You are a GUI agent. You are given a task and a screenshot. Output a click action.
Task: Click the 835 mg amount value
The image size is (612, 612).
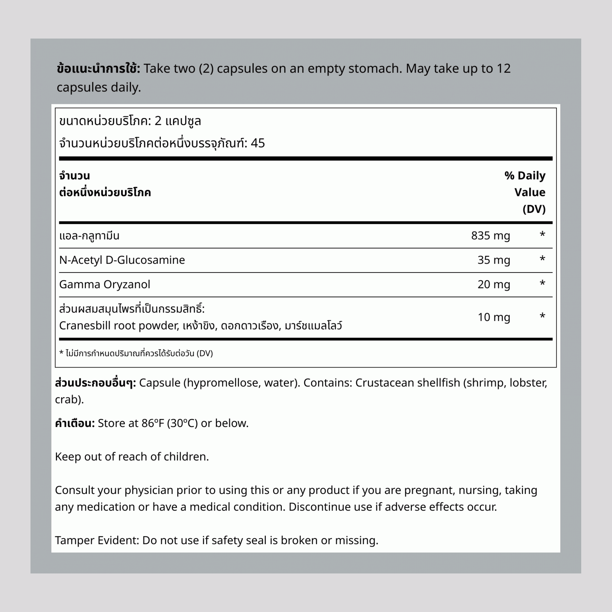tap(490, 236)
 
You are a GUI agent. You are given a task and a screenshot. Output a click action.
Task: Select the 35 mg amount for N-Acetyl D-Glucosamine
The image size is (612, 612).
tap(494, 260)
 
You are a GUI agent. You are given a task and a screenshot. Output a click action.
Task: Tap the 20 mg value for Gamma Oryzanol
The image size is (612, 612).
tap(494, 284)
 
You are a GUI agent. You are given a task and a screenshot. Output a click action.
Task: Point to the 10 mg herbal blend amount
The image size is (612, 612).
tap(494, 317)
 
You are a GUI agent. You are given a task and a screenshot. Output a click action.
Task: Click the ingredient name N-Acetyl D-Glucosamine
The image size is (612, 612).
tap(122, 260)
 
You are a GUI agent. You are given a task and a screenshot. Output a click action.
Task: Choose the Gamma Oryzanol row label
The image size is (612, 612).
tap(105, 284)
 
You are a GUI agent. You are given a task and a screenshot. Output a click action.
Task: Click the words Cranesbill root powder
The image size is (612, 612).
tap(119, 326)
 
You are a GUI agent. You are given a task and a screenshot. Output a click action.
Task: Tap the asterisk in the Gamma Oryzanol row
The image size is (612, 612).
tap(542, 284)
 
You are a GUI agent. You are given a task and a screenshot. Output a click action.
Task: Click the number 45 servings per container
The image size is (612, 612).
tap(258, 143)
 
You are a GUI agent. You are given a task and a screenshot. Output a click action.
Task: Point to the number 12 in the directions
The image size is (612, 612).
tap(503, 69)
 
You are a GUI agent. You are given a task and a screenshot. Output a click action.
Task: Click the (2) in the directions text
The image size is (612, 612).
tap(206, 69)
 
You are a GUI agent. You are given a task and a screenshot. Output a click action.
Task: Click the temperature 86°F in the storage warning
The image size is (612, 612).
tap(152, 423)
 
